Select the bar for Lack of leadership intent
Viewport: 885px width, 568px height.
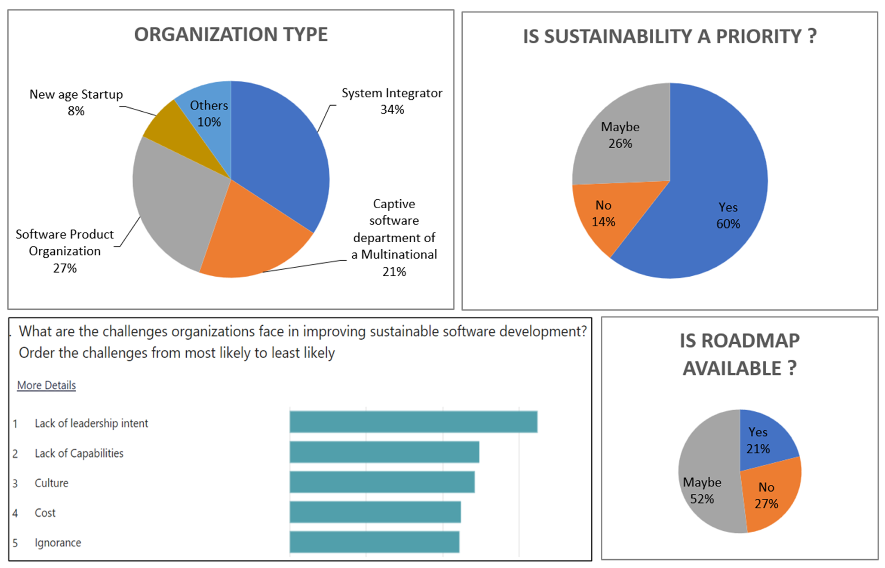pyautogui.click(x=413, y=422)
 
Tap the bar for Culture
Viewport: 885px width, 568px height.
pyautogui.click(x=382, y=482)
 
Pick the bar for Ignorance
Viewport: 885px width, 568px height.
pyautogui.click(x=374, y=542)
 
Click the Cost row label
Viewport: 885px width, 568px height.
pyautogui.click(x=45, y=513)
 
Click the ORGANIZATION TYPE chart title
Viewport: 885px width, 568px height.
pyautogui.click(x=231, y=35)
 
